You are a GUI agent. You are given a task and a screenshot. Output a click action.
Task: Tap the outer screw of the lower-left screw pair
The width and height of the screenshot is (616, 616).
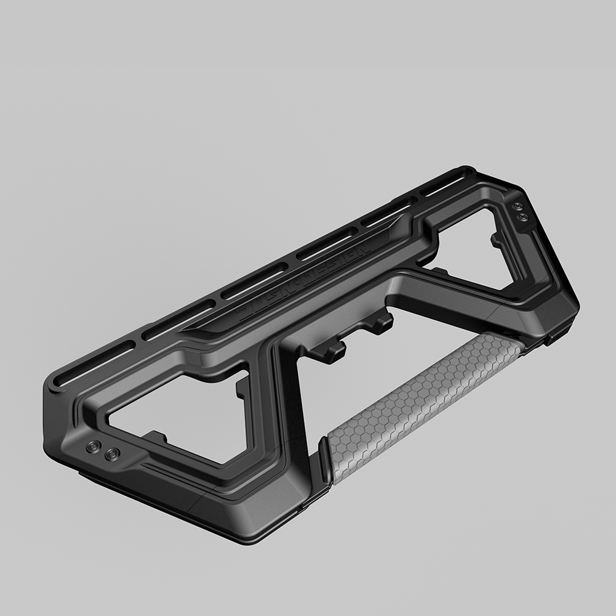click(94, 447)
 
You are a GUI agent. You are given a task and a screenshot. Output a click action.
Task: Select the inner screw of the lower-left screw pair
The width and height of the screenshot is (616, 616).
click(111, 455)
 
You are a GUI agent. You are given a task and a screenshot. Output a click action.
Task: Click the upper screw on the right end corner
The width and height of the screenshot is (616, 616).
click(518, 206)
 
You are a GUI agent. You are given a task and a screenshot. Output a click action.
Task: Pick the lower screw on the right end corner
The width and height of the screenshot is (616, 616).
click(523, 217)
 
